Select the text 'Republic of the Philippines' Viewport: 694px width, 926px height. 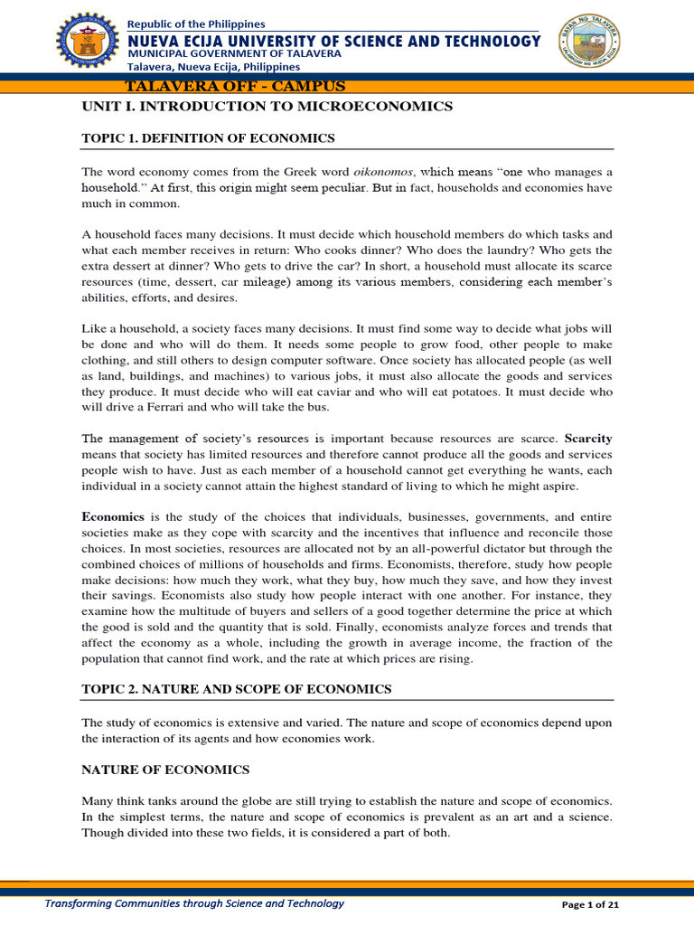point(196,24)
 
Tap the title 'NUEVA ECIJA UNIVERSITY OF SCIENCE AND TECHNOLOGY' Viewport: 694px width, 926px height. point(333,41)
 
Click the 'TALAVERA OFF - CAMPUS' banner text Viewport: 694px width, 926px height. point(235,87)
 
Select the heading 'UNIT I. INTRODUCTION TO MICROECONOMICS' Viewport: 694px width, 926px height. point(267,107)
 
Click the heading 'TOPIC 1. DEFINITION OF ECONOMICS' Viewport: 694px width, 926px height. point(208,138)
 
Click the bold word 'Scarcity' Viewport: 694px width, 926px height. point(588,439)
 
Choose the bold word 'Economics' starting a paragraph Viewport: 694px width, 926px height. point(113,516)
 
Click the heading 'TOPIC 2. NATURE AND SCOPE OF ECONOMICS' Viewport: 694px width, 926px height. point(236,689)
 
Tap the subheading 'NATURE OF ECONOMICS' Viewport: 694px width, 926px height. point(165,770)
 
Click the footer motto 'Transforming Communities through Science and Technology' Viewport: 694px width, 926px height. point(194,903)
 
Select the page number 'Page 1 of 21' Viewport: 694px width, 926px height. point(590,904)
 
